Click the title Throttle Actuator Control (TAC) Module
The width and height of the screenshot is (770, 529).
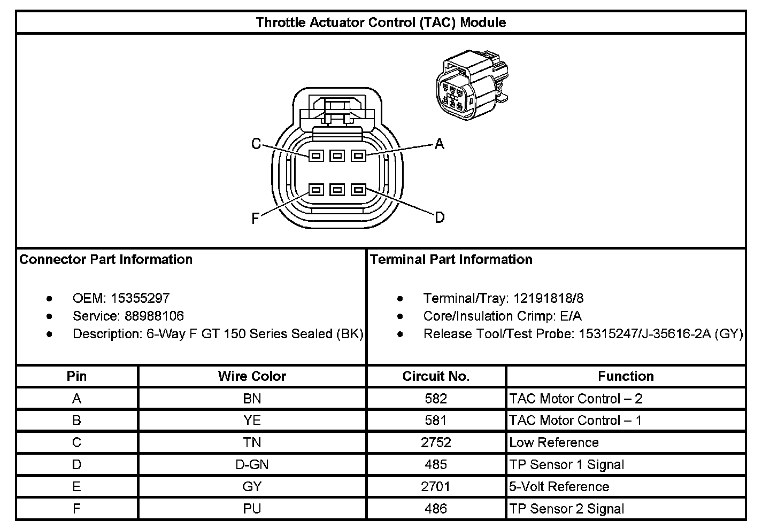pyautogui.click(x=381, y=22)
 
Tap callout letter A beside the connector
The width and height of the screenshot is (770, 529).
pyautogui.click(x=439, y=144)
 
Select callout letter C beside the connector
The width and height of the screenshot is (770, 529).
pyautogui.click(x=256, y=144)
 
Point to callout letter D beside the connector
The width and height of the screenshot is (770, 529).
pyautogui.click(x=439, y=217)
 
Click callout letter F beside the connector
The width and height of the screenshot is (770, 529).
pyautogui.click(x=256, y=218)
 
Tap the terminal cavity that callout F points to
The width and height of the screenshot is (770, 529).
pyautogui.click(x=316, y=190)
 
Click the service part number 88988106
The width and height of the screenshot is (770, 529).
pyautogui.click(x=154, y=316)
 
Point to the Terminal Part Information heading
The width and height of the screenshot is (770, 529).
pyautogui.click(x=451, y=260)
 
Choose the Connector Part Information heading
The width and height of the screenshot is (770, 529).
pyautogui.click(x=106, y=260)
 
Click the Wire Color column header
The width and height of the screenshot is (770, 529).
pyautogui.click(x=252, y=376)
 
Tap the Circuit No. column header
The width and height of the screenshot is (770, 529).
pyautogui.click(x=436, y=376)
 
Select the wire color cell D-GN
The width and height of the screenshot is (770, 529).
pyautogui.click(x=252, y=464)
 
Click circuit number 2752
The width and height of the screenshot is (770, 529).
pyautogui.click(x=436, y=442)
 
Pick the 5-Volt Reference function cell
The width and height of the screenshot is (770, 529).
pyautogui.click(x=559, y=486)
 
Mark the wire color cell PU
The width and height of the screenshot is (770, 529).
pyautogui.click(x=252, y=508)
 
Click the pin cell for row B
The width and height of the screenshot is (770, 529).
pyautogui.click(x=76, y=421)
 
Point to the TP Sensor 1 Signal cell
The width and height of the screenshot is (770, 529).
pyautogui.click(x=566, y=464)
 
